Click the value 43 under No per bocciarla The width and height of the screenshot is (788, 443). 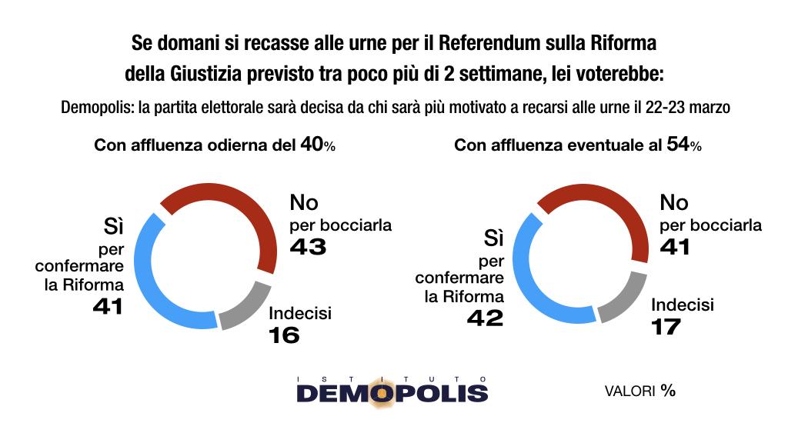[x=309, y=247]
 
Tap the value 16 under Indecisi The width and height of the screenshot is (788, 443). [x=283, y=335]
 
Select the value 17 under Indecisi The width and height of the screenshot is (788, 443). [x=666, y=326]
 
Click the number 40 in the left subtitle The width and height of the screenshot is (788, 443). [x=310, y=145]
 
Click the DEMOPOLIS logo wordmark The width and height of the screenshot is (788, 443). [x=392, y=394]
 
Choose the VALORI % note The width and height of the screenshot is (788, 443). [x=639, y=391]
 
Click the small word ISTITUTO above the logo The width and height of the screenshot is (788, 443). [x=392, y=378]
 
